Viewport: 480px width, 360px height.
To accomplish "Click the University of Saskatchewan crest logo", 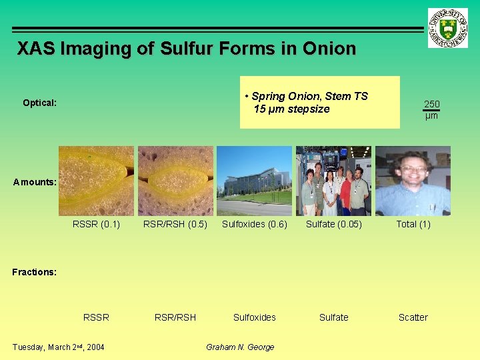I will pyautogui.click(x=448, y=27).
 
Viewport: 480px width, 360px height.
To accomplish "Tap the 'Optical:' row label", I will pyautogui.click(x=39, y=103).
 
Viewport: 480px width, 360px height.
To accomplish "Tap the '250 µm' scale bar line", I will pyautogui.click(x=431, y=111).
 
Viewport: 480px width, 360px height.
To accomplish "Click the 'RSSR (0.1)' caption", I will pyautogui.click(x=96, y=224).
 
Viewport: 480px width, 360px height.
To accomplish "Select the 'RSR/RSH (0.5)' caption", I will pyautogui.click(x=175, y=224).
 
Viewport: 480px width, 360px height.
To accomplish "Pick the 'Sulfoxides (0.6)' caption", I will pyautogui.click(x=254, y=224).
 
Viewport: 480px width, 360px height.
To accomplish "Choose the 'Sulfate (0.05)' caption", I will pyautogui.click(x=333, y=224).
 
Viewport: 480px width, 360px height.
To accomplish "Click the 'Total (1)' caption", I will pyautogui.click(x=413, y=224).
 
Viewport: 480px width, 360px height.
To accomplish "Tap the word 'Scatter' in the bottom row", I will pyautogui.click(x=413, y=317).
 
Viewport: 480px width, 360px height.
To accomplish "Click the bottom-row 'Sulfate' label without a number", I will pyautogui.click(x=333, y=317).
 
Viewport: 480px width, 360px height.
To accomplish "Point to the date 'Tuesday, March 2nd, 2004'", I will pyautogui.click(x=59, y=347).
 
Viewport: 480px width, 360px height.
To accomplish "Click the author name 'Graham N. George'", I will pyautogui.click(x=240, y=347).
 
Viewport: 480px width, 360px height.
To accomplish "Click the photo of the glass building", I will pyautogui.click(x=254, y=181).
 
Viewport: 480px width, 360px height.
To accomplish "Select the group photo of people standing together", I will pyautogui.click(x=333, y=181).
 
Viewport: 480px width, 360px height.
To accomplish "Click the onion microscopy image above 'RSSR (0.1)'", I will pyautogui.click(x=96, y=181).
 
